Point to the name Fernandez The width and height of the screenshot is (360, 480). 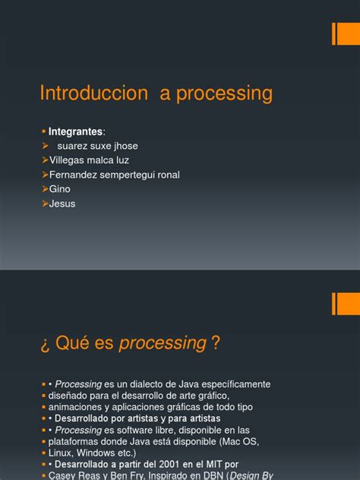74,175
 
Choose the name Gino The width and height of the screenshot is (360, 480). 60,189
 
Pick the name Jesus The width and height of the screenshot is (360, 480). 62,204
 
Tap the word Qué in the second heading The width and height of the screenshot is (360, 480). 75,343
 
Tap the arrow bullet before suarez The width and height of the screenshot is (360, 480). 45,146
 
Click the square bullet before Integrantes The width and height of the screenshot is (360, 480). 43,131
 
